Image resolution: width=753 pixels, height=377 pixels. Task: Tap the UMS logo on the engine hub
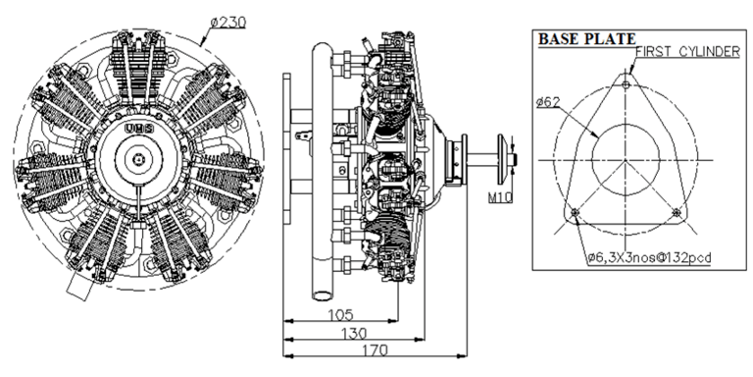coord(136,126)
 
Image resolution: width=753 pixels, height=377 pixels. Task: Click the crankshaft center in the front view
coord(139,158)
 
